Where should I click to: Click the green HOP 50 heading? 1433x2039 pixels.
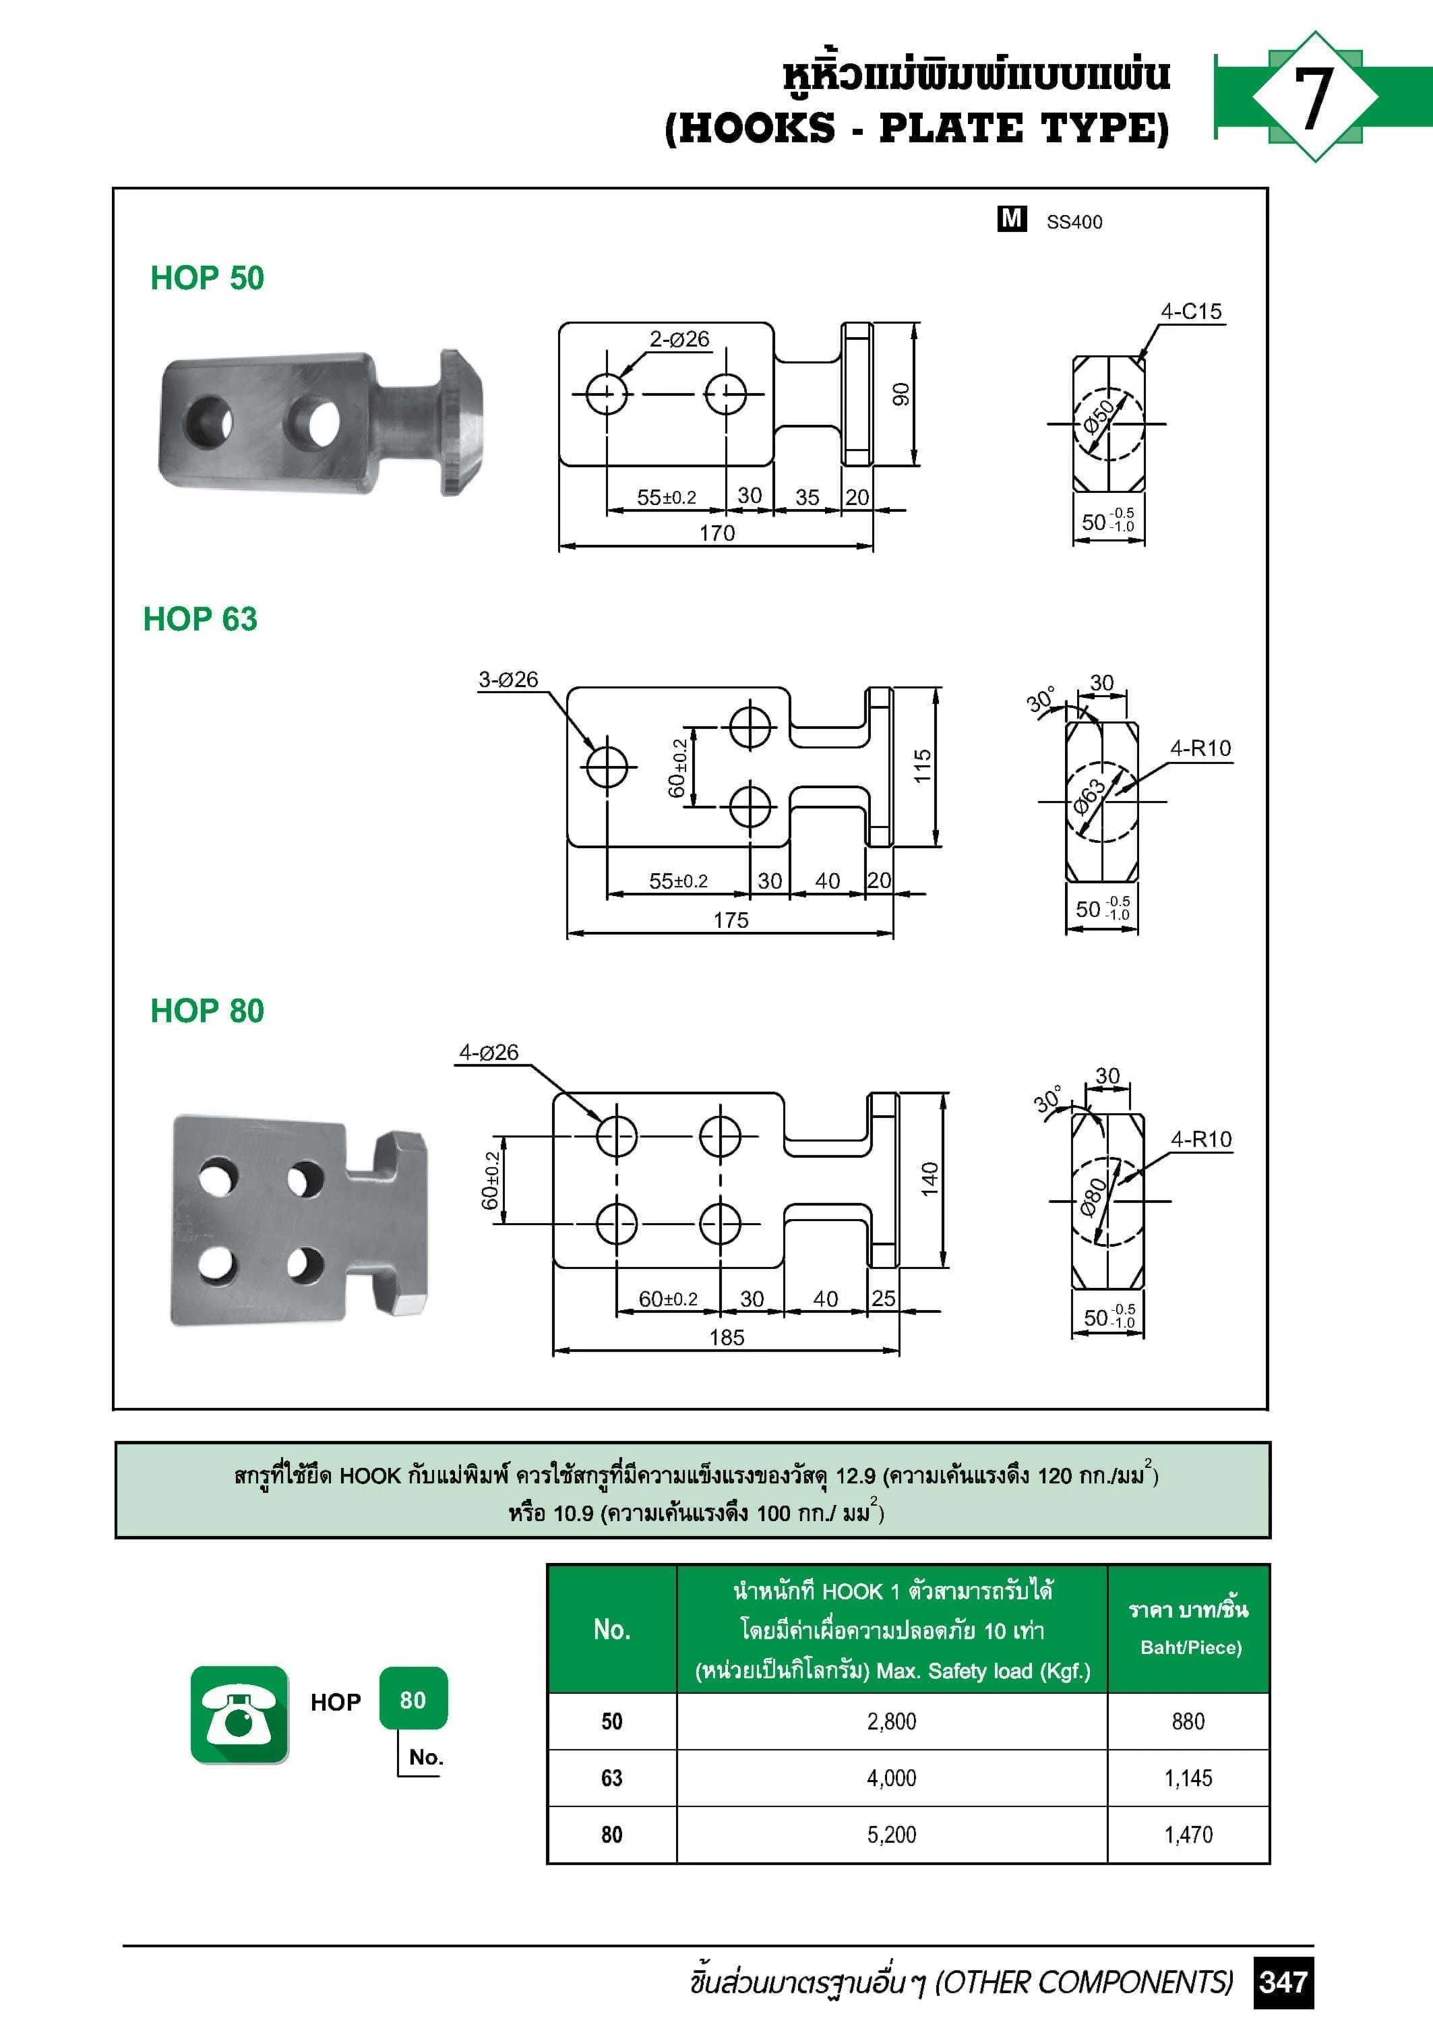tap(207, 278)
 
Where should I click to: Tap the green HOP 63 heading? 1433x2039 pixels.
tap(200, 619)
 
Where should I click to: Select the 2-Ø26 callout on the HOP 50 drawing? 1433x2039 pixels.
tap(679, 339)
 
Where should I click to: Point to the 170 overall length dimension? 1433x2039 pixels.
tap(716, 533)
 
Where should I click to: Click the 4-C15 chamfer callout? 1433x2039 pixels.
tap(1190, 312)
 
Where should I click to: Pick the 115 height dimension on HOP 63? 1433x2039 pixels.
tap(923, 765)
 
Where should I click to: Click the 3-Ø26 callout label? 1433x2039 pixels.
tap(508, 680)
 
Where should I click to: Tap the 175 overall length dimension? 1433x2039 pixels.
tap(731, 920)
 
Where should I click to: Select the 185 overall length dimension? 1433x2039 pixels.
tap(726, 1338)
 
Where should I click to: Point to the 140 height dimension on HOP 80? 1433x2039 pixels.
tap(929, 1179)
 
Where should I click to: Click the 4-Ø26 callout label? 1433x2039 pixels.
tap(488, 1053)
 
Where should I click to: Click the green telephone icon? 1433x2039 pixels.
tap(239, 1715)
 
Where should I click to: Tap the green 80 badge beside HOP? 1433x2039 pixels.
tap(413, 1700)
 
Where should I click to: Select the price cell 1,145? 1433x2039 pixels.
tap(1188, 1778)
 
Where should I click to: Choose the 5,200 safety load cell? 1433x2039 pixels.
tap(891, 1835)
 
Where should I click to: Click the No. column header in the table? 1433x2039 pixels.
tap(612, 1630)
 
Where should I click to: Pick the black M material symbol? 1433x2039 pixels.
tap(1011, 218)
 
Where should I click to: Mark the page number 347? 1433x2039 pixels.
tap(1283, 1982)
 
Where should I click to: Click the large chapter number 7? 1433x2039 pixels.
tap(1313, 98)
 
